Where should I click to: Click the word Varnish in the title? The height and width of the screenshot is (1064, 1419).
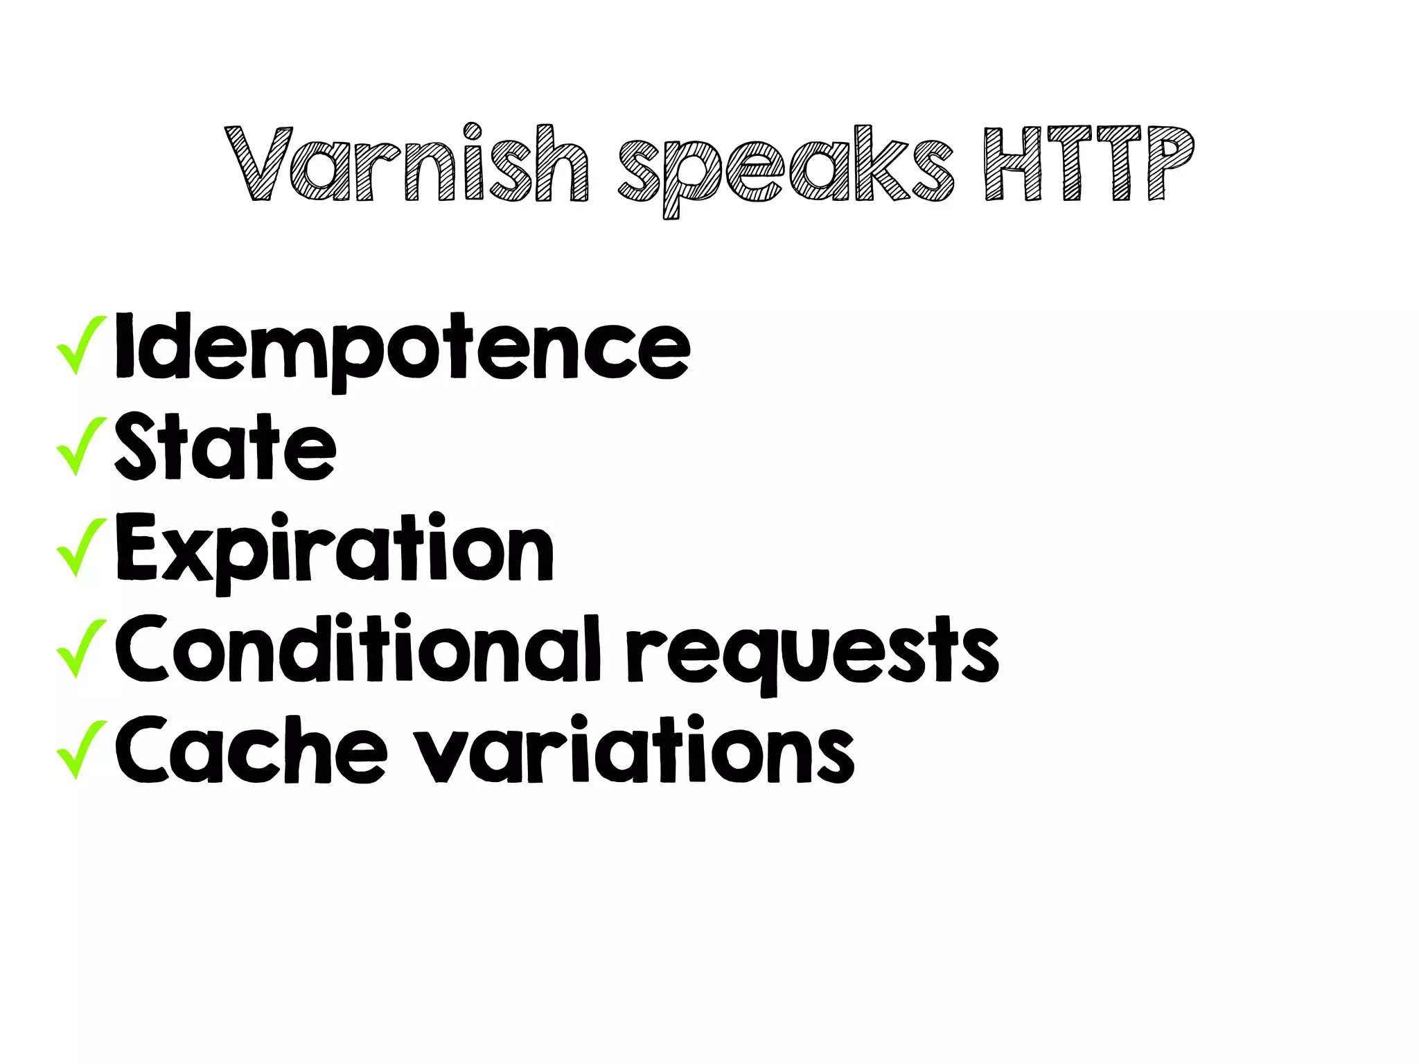(x=407, y=164)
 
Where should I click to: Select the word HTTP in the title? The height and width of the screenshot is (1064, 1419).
(x=1089, y=164)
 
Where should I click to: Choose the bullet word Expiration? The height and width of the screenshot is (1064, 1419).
(x=335, y=549)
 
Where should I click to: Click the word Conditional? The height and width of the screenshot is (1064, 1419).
(x=358, y=649)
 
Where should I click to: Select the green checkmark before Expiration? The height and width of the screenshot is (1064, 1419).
(x=82, y=547)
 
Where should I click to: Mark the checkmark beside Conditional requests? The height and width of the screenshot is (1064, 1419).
(x=82, y=648)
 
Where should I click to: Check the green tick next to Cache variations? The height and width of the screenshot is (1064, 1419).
(x=82, y=749)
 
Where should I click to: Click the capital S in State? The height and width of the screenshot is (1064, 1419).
(x=135, y=447)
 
